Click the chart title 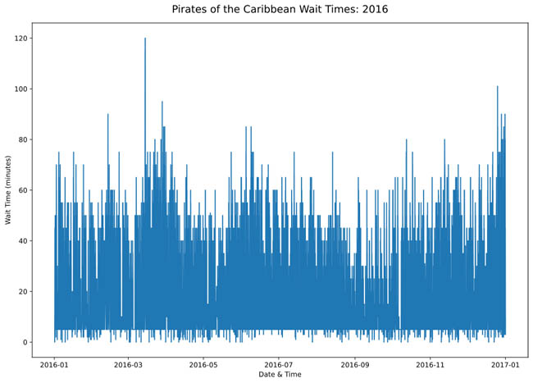[x=280, y=10]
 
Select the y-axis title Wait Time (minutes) [x=8, y=189]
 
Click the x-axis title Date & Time [x=280, y=374]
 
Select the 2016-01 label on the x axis [x=54, y=362]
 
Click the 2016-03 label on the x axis [x=129, y=362]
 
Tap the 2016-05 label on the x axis [x=204, y=362]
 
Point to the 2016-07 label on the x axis [x=280, y=362]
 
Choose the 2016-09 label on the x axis [x=356, y=362]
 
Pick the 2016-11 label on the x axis [x=431, y=362]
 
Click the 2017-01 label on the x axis [x=506, y=362]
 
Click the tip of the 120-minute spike [x=145, y=39]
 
